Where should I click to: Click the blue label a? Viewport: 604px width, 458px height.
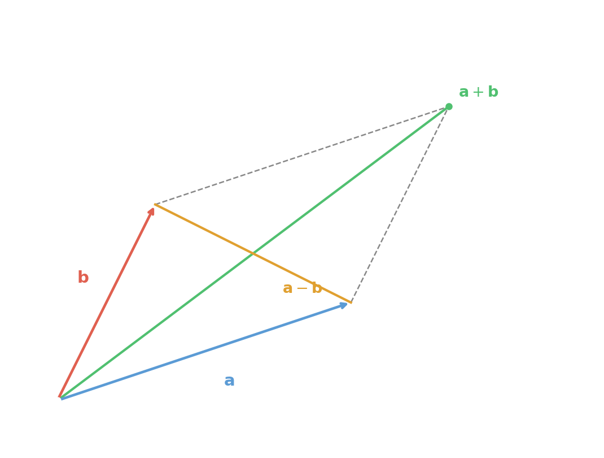click(x=229, y=381)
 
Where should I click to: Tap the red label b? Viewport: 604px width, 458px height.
click(x=83, y=277)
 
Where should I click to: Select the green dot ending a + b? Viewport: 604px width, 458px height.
click(x=449, y=106)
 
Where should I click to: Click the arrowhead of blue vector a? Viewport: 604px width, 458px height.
click(x=344, y=305)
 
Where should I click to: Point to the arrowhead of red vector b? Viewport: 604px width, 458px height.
click(x=151, y=210)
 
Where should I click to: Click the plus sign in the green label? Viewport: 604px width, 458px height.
click(x=479, y=92)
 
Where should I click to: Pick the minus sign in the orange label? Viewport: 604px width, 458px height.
click(x=303, y=288)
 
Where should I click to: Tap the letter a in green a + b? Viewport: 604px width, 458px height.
click(x=465, y=92)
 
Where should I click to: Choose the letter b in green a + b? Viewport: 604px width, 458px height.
click(x=493, y=92)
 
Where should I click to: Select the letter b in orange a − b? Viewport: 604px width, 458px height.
click(x=316, y=288)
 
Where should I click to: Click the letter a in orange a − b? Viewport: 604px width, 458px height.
click(x=288, y=288)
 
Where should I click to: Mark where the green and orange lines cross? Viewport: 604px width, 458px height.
click(x=253, y=254)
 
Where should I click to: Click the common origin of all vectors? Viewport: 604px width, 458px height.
click(x=60, y=397)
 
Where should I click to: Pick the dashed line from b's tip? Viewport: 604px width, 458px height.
click(x=299, y=155)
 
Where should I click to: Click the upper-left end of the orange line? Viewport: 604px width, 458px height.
click(x=155, y=205)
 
